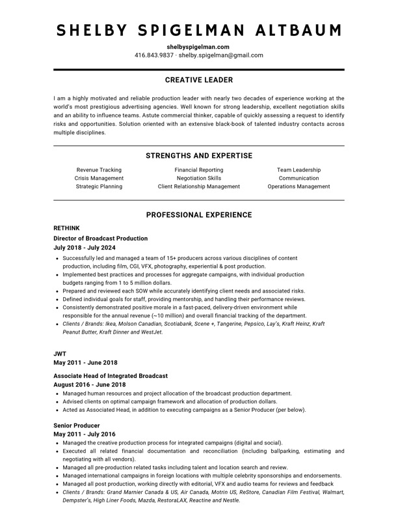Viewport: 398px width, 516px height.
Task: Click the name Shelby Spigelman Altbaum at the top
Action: click(x=198, y=30)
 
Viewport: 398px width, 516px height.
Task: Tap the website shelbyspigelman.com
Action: click(x=198, y=47)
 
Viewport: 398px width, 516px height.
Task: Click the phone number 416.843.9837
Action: click(x=154, y=55)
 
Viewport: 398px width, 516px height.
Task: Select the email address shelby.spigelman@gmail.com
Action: click(x=221, y=55)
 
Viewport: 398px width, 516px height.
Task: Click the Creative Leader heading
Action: click(x=198, y=81)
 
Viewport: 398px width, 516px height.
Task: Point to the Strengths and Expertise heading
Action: click(x=198, y=156)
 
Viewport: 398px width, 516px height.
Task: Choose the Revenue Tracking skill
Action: click(x=99, y=170)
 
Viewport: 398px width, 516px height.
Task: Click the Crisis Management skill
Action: click(x=99, y=178)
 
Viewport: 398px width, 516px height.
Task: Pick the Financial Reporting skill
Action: click(x=198, y=170)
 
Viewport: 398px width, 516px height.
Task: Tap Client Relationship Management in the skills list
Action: click(x=198, y=186)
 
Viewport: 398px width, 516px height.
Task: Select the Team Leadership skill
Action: click(x=298, y=170)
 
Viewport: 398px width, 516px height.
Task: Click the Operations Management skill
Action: click(x=298, y=186)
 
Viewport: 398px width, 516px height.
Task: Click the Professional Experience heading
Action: click(x=198, y=215)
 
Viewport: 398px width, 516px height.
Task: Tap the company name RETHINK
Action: click(x=66, y=229)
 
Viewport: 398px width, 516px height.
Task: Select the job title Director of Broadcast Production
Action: click(x=100, y=238)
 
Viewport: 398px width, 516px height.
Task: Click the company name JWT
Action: click(x=59, y=352)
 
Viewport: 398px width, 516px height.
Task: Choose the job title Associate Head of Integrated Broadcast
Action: click(x=111, y=376)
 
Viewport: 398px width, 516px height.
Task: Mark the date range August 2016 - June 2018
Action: click(x=89, y=385)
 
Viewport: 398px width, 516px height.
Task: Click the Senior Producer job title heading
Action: click(x=77, y=425)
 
